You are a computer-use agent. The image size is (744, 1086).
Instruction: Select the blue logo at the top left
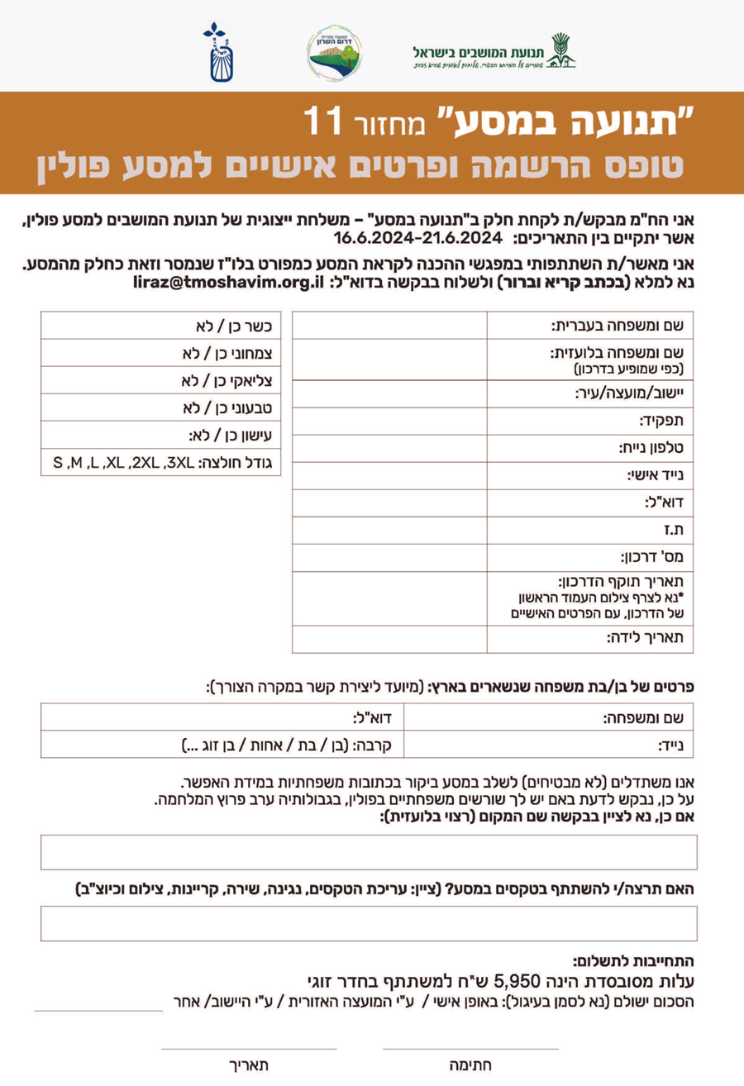click(x=217, y=54)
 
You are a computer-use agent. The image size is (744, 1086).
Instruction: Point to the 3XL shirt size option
click(x=175, y=462)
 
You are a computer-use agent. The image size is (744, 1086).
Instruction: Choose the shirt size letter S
click(x=59, y=462)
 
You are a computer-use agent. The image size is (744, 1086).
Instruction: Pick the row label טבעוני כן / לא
click(x=229, y=407)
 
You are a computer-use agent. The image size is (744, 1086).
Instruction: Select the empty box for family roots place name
click(x=369, y=852)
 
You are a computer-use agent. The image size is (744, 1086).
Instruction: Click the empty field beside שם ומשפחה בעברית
click(x=389, y=326)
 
